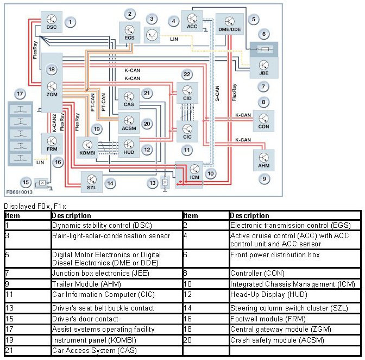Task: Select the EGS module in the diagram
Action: pyautogui.click(x=130, y=32)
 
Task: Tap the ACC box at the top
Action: pyautogui.click(x=192, y=20)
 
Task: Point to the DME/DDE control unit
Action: pyautogui.click(x=230, y=24)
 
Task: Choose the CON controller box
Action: pyautogui.click(x=263, y=121)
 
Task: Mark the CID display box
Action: pyautogui.click(x=187, y=92)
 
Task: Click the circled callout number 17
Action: pyautogui.click(x=20, y=94)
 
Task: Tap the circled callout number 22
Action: pyautogui.click(x=186, y=74)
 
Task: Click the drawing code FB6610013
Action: pyautogui.click(x=20, y=192)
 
